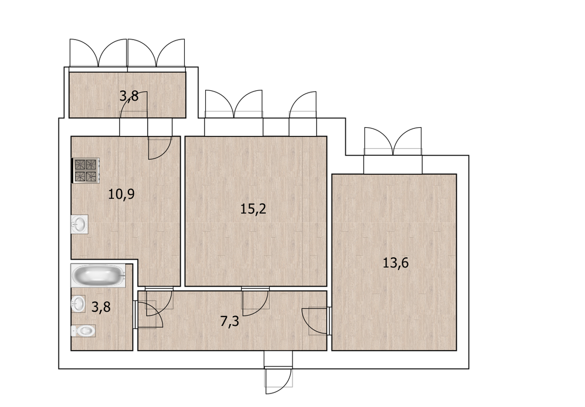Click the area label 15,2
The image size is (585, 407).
[253, 209]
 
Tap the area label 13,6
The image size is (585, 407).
[395, 263]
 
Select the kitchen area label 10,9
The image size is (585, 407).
[121, 194]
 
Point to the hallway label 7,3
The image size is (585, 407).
[230, 321]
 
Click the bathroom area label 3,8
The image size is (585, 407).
[101, 307]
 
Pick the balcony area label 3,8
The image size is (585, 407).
[129, 96]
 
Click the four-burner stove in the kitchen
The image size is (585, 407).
[86, 170]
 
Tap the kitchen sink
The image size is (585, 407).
[80, 225]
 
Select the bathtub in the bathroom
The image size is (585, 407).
[99, 276]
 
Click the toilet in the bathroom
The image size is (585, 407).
[83, 331]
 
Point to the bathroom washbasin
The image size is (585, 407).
[79, 304]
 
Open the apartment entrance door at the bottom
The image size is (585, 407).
[278, 378]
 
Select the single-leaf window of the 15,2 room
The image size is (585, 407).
[303, 105]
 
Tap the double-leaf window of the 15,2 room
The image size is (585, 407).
[234, 104]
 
